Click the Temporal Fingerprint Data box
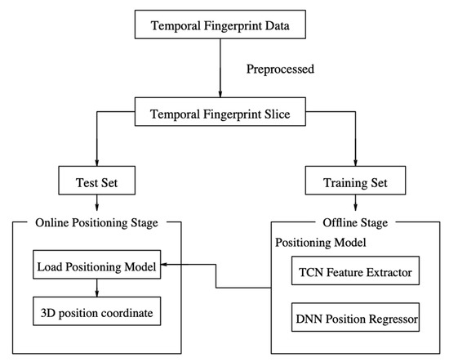click(220, 25)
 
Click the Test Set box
click(97, 180)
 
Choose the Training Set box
click(357, 180)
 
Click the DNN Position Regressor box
click(356, 316)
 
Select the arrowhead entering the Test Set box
click(97, 162)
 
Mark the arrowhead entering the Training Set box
click(357, 162)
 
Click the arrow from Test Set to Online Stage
click(97, 206)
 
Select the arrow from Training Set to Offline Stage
click(357, 206)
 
